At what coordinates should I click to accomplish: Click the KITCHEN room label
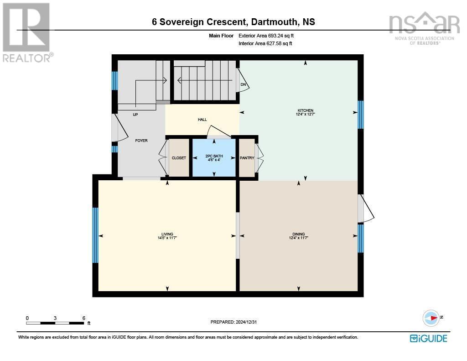point(305,111)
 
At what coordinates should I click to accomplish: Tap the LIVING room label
point(167,234)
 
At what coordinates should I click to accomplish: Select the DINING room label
point(298,234)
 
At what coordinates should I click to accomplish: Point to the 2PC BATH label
point(214,157)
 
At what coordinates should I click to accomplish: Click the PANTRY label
point(247,158)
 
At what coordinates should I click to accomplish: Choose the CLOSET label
point(179,158)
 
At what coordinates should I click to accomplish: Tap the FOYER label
point(141,141)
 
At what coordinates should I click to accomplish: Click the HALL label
point(202,120)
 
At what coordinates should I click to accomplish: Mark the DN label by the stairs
point(243,85)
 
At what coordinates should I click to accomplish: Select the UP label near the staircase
point(135,115)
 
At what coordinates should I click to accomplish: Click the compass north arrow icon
point(431,318)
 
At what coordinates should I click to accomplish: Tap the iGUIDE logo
point(428,338)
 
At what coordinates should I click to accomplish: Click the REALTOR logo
point(26,32)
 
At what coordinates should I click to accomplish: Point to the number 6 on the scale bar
point(83,318)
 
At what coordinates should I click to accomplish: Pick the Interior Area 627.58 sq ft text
point(265,44)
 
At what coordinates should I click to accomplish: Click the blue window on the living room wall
point(95,235)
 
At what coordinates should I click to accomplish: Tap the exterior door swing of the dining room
point(366,209)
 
